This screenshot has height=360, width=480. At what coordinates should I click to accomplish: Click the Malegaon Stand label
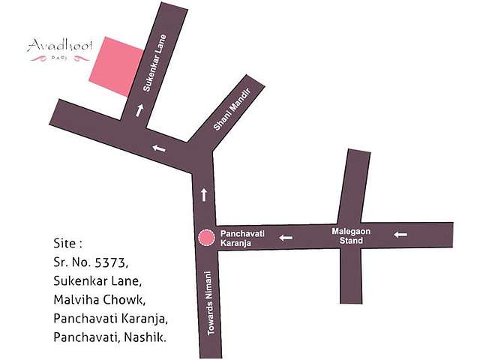click(x=352, y=236)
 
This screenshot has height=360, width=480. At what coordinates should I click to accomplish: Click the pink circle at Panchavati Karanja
click(x=205, y=238)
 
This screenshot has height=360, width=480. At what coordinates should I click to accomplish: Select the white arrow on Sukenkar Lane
click(x=139, y=110)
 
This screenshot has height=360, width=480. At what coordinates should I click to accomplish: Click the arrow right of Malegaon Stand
click(x=400, y=235)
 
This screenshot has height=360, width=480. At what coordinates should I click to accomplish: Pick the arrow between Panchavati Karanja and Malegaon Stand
click(x=286, y=238)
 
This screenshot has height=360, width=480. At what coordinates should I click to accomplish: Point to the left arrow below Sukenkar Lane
click(x=158, y=148)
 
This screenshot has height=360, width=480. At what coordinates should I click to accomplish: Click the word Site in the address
click(x=65, y=244)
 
